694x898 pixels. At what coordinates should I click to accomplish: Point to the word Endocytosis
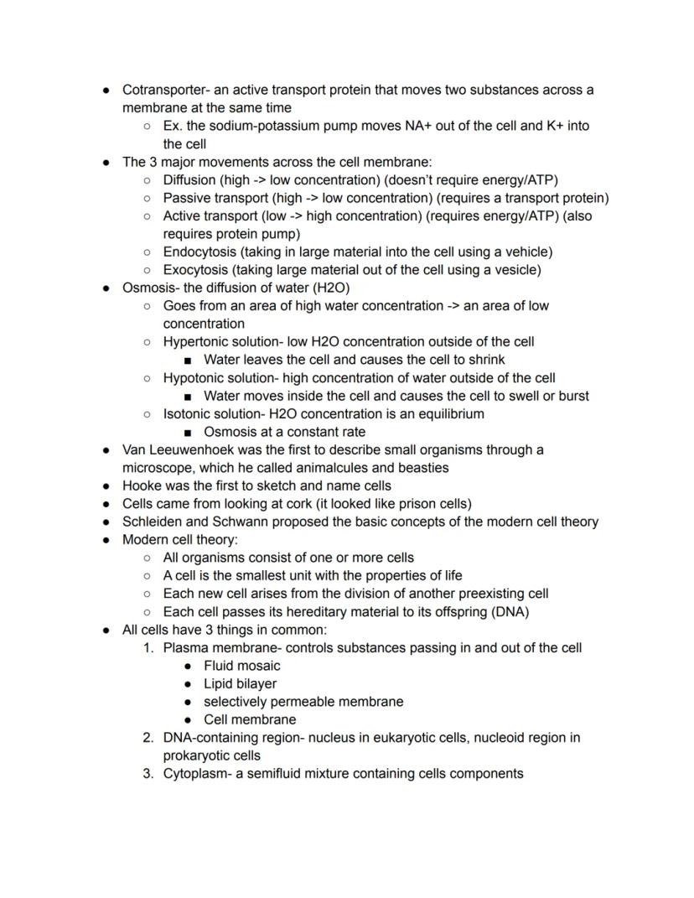[x=195, y=252]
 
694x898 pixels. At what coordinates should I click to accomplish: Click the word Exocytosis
[x=194, y=270]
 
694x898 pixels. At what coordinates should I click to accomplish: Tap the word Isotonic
[x=188, y=414]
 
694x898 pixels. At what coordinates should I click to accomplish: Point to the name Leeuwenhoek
[x=194, y=450]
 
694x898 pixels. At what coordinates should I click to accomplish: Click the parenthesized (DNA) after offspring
[x=510, y=611]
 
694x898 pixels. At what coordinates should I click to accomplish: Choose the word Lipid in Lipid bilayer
[x=220, y=683]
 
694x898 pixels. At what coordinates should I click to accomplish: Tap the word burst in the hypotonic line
[x=572, y=396]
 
